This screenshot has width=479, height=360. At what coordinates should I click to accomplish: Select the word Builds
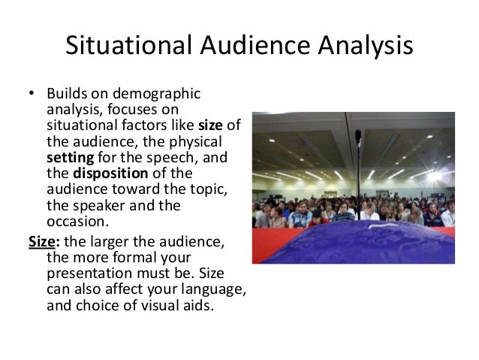tap(67, 95)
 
